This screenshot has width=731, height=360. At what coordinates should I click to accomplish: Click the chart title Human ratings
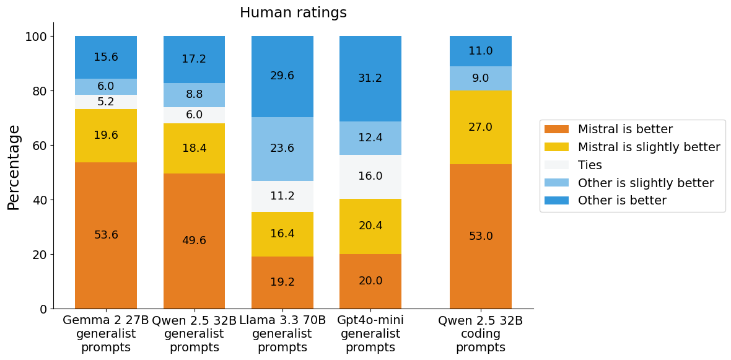[x=293, y=13]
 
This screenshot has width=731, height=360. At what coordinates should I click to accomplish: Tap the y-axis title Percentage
[x=14, y=167]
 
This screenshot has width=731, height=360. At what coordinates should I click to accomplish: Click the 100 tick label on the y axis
[x=37, y=37]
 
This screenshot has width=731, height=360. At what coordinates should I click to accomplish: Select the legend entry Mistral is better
[x=624, y=130]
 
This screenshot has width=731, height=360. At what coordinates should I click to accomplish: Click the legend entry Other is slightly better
[x=646, y=183]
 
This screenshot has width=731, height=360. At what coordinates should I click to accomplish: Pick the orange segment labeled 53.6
[x=106, y=235]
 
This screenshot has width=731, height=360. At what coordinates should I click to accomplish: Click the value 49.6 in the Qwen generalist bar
[x=194, y=240]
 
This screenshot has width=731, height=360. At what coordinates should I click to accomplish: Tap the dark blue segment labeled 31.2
[x=370, y=79]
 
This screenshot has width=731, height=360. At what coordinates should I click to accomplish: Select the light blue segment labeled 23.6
[x=282, y=149]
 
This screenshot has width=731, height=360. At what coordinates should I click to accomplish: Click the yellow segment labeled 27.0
[x=481, y=127]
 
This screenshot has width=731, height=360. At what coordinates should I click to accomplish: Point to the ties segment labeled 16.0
[x=370, y=177]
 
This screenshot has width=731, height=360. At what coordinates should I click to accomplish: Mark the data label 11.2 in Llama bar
[x=282, y=196]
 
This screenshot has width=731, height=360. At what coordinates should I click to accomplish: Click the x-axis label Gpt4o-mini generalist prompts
[x=370, y=334]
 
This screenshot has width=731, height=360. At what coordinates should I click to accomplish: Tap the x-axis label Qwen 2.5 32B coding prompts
[x=481, y=334]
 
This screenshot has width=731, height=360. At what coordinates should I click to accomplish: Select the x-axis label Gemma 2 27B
[x=106, y=321]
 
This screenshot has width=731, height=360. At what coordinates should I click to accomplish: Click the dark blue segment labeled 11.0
[x=481, y=51]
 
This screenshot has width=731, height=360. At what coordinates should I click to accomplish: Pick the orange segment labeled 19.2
[x=282, y=282]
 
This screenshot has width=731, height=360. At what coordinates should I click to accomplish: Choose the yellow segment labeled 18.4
[x=194, y=149]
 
